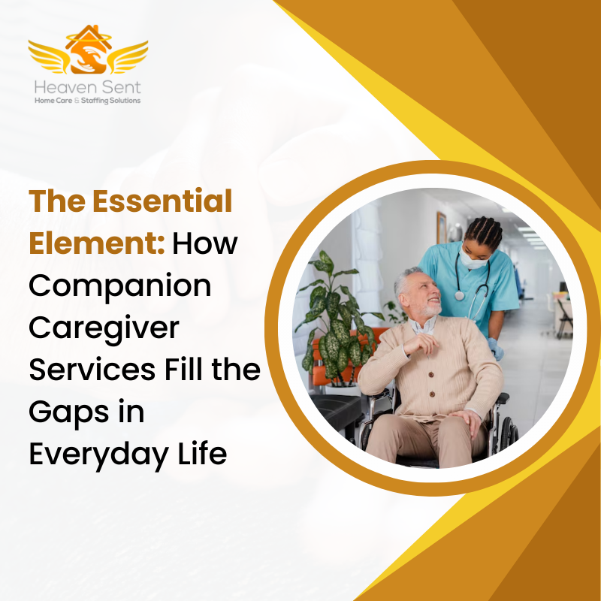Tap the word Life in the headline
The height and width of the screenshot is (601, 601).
coord(204,455)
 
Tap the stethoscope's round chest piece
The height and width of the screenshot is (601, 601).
coord(459,296)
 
